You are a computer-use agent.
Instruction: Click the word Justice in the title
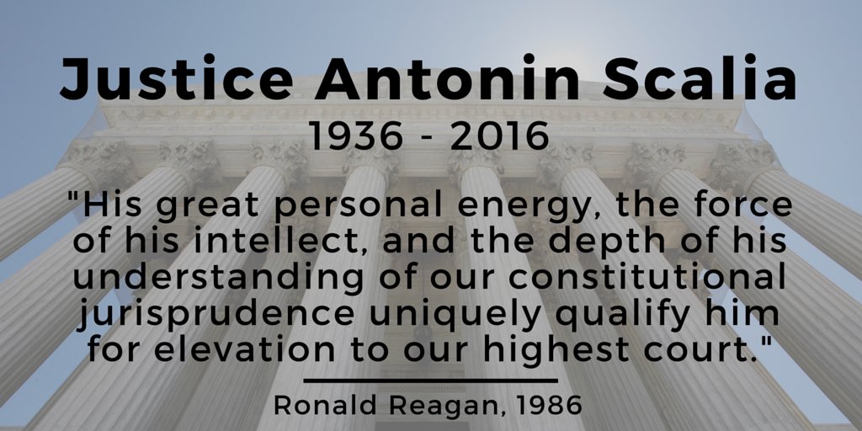[x=177, y=78]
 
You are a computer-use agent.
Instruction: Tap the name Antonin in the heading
[x=447, y=77]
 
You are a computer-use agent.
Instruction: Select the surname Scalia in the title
[x=699, y=77]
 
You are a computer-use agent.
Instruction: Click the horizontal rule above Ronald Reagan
[x=430, y=380]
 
